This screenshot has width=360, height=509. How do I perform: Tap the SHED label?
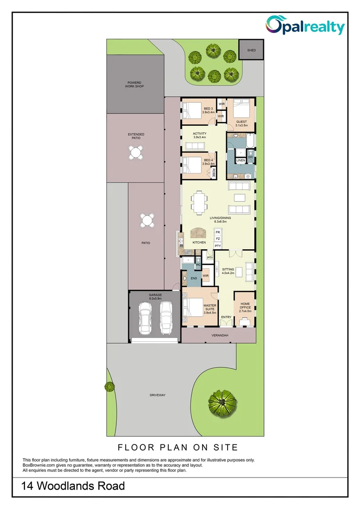251,49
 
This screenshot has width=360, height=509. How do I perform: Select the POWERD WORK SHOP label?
134,85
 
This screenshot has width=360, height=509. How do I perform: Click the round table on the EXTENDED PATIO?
136,152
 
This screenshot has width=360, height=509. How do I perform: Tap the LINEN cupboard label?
240,161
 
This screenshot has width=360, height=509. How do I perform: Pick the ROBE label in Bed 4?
213,172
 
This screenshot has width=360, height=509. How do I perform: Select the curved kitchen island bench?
199,233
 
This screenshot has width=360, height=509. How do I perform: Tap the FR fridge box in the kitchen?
218,232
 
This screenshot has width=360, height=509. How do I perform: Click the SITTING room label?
228,271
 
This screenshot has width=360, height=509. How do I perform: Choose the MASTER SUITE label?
210,309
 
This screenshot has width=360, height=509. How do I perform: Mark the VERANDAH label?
219,335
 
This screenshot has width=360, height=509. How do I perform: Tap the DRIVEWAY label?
158,395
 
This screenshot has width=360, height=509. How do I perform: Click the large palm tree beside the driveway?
222,402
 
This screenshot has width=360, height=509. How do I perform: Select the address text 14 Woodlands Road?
74,486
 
